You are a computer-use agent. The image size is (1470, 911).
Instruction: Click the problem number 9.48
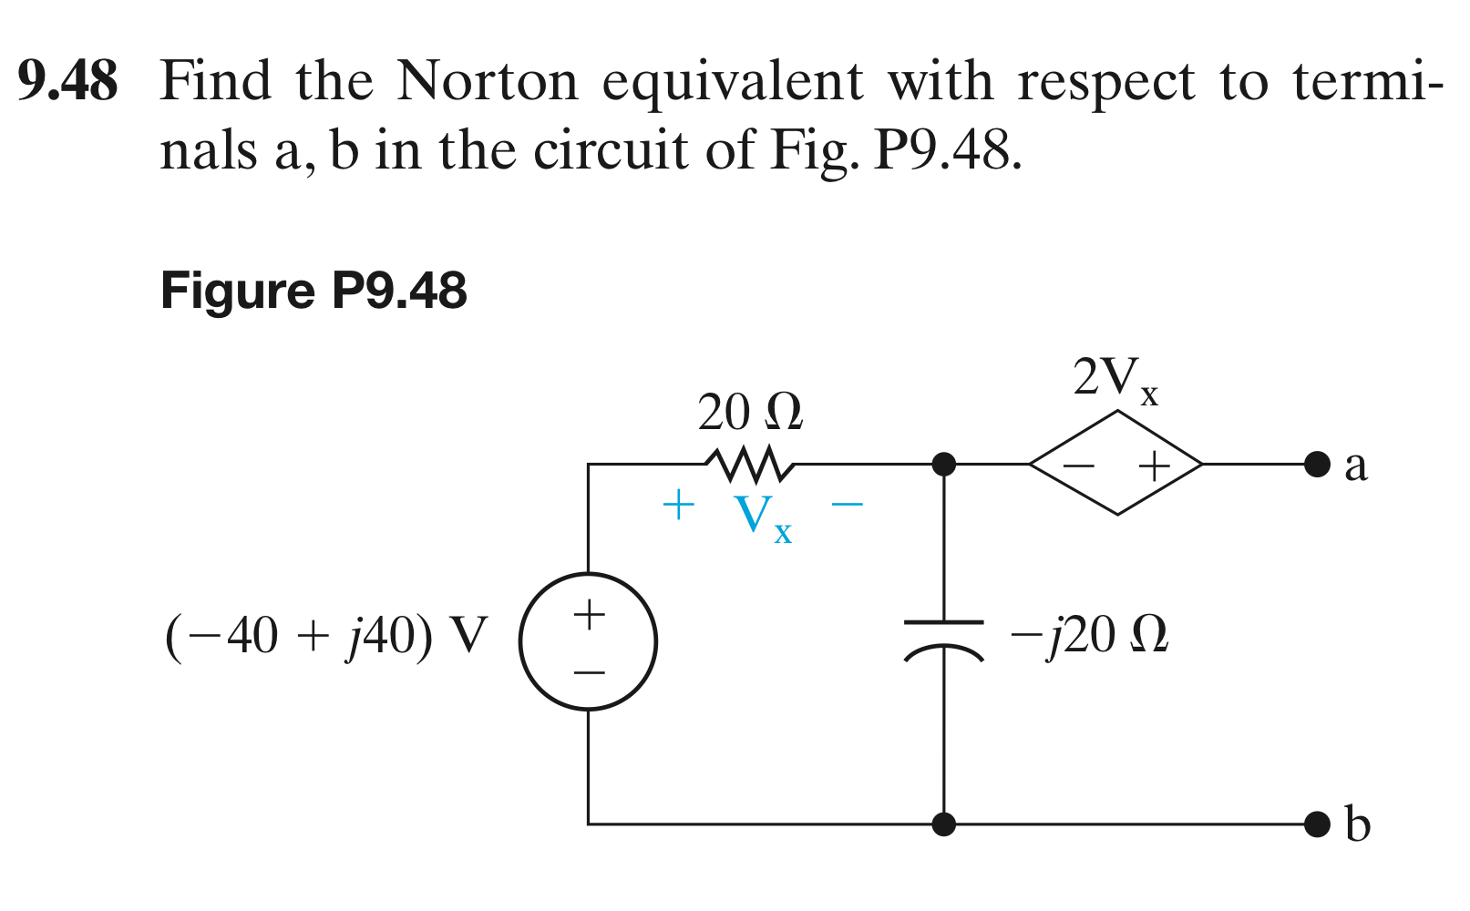coord(68,81)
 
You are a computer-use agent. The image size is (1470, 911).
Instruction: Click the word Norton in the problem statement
coord(488,81)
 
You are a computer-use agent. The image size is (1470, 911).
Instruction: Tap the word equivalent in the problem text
coord(733,83)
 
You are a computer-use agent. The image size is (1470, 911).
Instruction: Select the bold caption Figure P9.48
coord(314,291)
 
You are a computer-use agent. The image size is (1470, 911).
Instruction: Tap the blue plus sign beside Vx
coord(678,504)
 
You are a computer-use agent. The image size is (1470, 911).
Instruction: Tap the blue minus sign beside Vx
coord(847,502)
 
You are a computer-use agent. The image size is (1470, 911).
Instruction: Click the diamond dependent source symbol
coord(1116,464)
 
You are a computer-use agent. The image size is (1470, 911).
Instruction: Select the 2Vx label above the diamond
coord(1115,378)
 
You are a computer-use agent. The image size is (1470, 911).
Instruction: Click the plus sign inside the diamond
coord(1154,466)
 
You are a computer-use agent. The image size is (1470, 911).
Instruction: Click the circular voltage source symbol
coord(588,641)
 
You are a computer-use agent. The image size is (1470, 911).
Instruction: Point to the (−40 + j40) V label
coord(326,635)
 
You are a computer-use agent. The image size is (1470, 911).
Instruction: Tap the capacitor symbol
coord(944,637)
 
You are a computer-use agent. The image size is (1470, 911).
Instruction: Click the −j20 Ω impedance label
coord(1089,635)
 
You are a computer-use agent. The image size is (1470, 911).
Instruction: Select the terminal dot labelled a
coord(1317,464)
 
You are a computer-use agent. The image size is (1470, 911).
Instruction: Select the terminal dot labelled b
coord(1317,824)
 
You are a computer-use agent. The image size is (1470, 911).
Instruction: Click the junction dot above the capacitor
coord(944,464)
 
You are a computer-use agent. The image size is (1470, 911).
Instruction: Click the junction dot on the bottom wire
coord(944,824)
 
